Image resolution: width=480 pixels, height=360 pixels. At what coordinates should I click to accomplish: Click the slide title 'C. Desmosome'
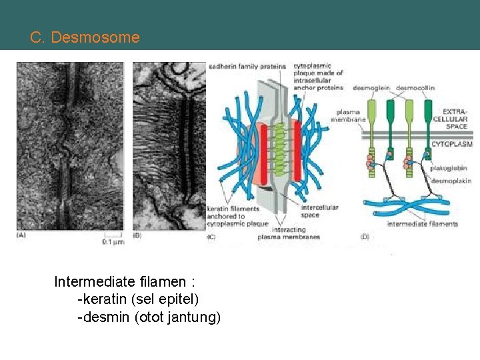85,37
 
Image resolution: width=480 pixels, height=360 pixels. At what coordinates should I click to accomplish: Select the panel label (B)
138,236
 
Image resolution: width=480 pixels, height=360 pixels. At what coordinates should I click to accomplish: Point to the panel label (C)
213,236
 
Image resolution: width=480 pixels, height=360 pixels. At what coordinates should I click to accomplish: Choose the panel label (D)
365,236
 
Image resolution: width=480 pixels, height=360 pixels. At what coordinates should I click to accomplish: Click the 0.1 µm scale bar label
113,242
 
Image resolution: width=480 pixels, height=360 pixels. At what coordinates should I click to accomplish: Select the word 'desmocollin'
414,87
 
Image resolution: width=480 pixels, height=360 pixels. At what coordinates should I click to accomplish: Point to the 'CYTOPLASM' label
452,143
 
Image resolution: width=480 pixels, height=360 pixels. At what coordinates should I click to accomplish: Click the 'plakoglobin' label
449,169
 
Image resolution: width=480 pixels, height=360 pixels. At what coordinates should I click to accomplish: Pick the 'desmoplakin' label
451,181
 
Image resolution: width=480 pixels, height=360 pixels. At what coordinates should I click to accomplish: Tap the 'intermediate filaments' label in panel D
422,224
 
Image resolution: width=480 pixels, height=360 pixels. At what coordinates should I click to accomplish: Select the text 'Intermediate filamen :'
124,281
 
